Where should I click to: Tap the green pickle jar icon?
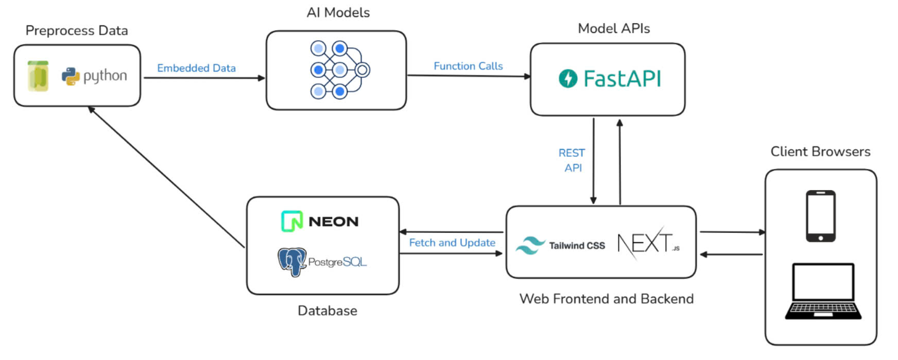tap(38, 76)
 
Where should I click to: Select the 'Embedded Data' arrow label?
tap(196, 68)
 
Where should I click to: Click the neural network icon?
tap(339, 70)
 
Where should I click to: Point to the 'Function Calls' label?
tap(468, 66)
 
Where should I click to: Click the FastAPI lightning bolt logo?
tap(568, 78)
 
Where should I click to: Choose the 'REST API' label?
tap(572, 160)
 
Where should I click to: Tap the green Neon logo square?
tap(292, 221)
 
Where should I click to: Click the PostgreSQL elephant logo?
tap(292, 261)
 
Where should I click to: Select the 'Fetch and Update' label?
tap(452, 243)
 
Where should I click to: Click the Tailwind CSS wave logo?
tap(530, 246)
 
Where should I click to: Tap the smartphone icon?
tap(820, 216)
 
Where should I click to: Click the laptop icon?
tap(823, 292)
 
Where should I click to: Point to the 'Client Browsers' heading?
tap(820, 151)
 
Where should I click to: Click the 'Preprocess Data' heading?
tap(77, 31)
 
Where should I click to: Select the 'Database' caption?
tap(327, 311)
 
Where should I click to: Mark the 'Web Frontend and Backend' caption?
tap(606, 299)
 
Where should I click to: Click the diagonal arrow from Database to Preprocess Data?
tap(166, 177)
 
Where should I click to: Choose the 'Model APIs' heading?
tap(614, 28)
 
